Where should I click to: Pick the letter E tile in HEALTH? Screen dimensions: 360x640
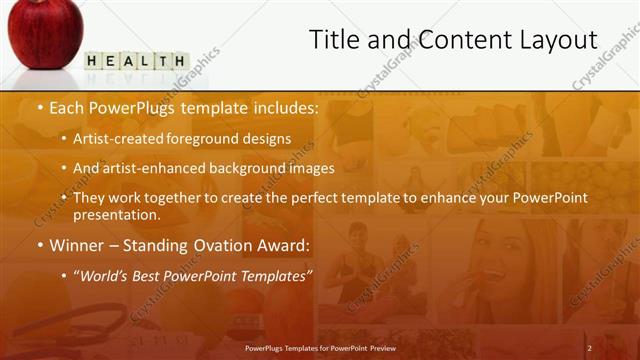108,62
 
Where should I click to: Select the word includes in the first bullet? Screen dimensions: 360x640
284,107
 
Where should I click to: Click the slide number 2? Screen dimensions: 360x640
589,348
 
